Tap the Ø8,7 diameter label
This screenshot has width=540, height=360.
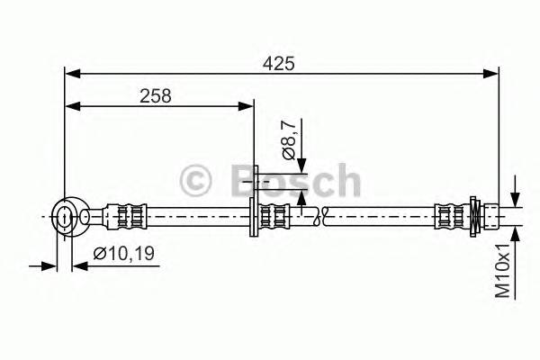[x=289, y=139]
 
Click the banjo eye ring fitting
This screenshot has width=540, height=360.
[x=65, y=215]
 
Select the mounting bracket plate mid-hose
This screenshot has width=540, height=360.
[x=256, y=202]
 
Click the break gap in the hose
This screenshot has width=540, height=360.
[x=318, y=216]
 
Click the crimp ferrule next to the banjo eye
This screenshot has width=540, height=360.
[x=125, y=216]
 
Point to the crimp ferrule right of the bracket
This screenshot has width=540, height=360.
[x=275, y=216]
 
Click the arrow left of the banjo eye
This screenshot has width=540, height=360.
[x=49, y=265]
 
